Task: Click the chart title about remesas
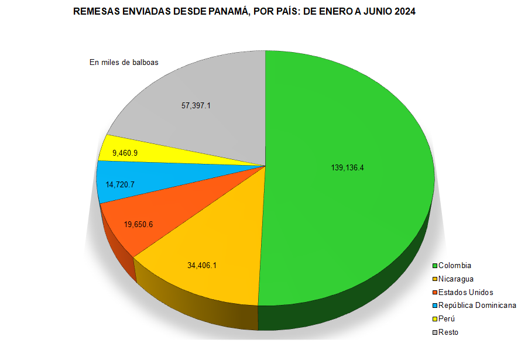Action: tap(244, 11)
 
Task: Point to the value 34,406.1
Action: tap(202, 265)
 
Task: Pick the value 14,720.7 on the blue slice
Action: tap(121, 184)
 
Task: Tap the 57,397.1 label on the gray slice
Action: tap(196, 106)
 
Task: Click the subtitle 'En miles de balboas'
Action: tap(124, 62)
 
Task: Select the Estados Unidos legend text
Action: tap(465, 292)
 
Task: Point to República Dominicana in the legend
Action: tap(477, 306)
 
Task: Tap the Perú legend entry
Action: tap(447, 319)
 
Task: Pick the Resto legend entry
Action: tap(448, 332)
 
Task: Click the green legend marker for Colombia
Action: tap(435, 266)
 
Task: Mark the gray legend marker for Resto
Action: tap(435, 333)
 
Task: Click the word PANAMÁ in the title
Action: tap(227, 11)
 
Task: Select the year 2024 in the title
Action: tap(404, 11)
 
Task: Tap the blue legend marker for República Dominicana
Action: tap(435, 306)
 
